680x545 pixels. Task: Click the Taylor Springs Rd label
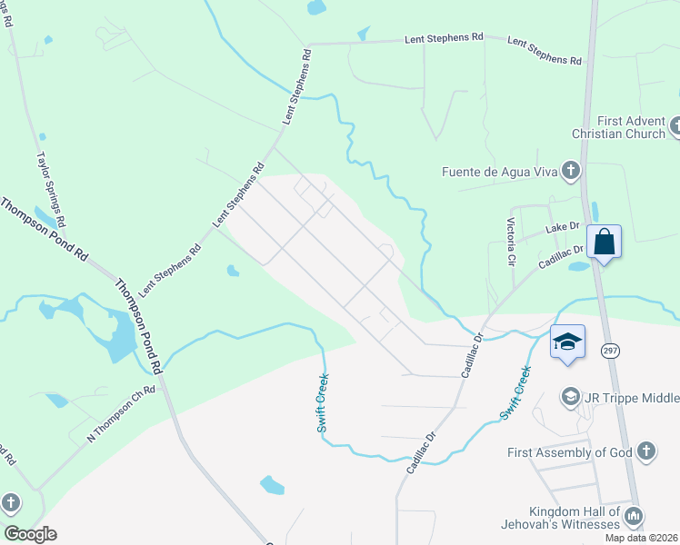point(50,189)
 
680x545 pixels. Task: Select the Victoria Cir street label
point(512,241)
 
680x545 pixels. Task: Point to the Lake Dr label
point(562,226)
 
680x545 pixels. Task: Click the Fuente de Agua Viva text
point(497,171)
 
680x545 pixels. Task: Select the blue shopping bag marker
point(605,243)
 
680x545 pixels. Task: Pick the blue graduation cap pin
point(567,342)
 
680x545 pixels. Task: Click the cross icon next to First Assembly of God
point(645,451)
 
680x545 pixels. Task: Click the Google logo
point(31,534)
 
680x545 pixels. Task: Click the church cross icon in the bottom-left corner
point(10,502)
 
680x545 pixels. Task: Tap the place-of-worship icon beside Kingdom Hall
point(635,517)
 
